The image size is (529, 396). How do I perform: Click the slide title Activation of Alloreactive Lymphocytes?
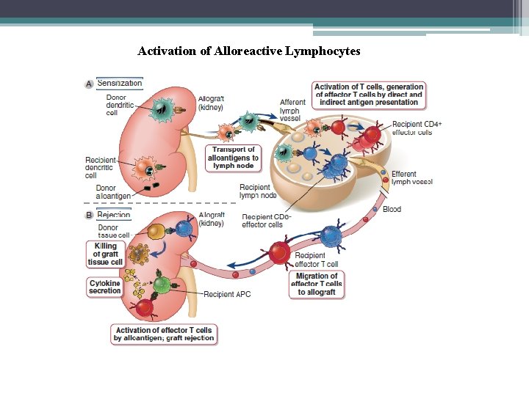tap(248, 51)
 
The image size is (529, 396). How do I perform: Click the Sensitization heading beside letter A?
tap(119, 84)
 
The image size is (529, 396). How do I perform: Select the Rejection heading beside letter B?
tap(114, 215)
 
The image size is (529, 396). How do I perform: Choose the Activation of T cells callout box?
tap(369, 95)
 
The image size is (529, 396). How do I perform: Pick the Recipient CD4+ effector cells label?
tap(417, 128)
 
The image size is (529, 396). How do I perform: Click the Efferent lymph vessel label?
tap(411, 177)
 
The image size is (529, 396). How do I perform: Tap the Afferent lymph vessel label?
tap(292, 110)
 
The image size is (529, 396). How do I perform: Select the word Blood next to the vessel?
tap(392, 209)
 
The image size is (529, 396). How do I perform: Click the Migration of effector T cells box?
tap(317, 284)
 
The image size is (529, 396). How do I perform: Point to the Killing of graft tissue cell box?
tap(105, 254)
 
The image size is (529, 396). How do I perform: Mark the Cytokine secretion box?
tap(104, 287)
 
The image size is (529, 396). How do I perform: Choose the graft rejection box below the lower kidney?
tap(164, 334)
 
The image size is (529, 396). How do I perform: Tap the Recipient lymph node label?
tap(257, 191)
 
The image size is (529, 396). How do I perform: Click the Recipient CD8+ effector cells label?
tap(267, 221)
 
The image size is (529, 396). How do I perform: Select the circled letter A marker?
tap(89, 84)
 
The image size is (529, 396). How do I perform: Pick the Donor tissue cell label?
tap(113, 231)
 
